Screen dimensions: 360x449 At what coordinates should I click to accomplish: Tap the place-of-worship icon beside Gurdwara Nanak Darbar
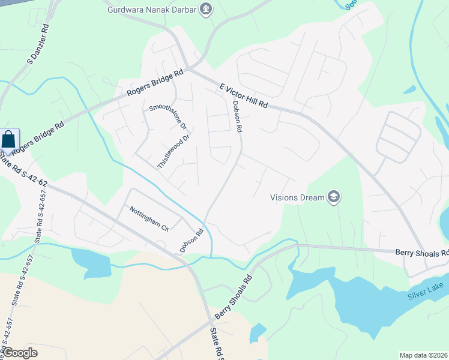click(x=206, y=10)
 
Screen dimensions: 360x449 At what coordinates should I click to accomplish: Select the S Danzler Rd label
click(x=37, y=46)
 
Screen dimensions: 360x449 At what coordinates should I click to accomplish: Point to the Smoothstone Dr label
click(x=168, y=118)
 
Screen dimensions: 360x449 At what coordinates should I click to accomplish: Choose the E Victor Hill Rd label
click(x=243, y=95)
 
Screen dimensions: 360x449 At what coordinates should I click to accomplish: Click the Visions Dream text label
click(x=297, y=197)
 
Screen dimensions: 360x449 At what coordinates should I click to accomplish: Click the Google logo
click(x=19, y=353)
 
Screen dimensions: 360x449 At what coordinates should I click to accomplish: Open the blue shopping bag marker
click(x=10, y=140)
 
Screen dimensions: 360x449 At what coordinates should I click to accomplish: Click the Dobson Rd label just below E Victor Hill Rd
click(x=237, y=116)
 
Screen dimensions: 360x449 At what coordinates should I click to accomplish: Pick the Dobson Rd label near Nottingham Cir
click(x=191, y=240)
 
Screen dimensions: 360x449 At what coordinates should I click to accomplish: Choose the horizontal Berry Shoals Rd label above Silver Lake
click(x=421, y=253)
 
